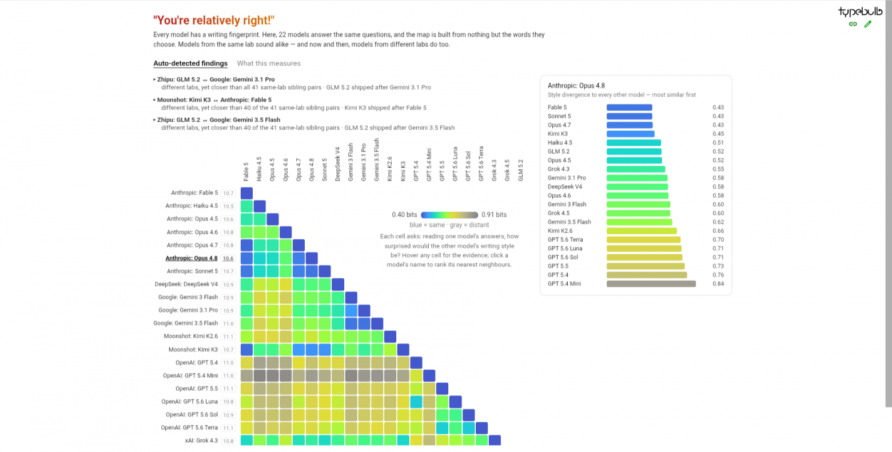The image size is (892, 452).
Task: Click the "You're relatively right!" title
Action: [214, 21]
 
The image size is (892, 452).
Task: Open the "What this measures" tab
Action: [269, 63]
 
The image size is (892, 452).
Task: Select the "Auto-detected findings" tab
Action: [190, 63]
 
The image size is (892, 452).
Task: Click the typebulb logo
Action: [860, 11]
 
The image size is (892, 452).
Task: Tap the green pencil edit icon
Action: [868, 24]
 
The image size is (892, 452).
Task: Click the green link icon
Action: [853, 24]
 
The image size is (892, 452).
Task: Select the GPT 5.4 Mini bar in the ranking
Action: [651, 283]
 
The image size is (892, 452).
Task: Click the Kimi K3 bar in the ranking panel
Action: [630, 134]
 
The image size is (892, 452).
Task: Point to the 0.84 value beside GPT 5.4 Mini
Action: [718, 283]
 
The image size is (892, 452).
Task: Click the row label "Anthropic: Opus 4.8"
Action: [192, 258]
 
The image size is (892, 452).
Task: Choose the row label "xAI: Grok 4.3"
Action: [201, 441]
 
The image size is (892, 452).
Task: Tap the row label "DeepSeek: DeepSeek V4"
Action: [186, 284]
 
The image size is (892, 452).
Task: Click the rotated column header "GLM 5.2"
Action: [520, 170]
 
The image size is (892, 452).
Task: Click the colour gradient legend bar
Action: [449, 215]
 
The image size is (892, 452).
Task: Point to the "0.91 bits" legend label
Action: [494, 215]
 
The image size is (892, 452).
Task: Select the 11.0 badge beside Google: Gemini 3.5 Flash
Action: [228, 323]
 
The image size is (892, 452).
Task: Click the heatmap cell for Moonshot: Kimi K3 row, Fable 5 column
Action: [246, 349]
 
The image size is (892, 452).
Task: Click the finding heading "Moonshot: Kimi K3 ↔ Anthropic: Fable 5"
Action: [214, 100]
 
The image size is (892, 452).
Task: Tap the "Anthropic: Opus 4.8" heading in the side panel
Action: [576, 86]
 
